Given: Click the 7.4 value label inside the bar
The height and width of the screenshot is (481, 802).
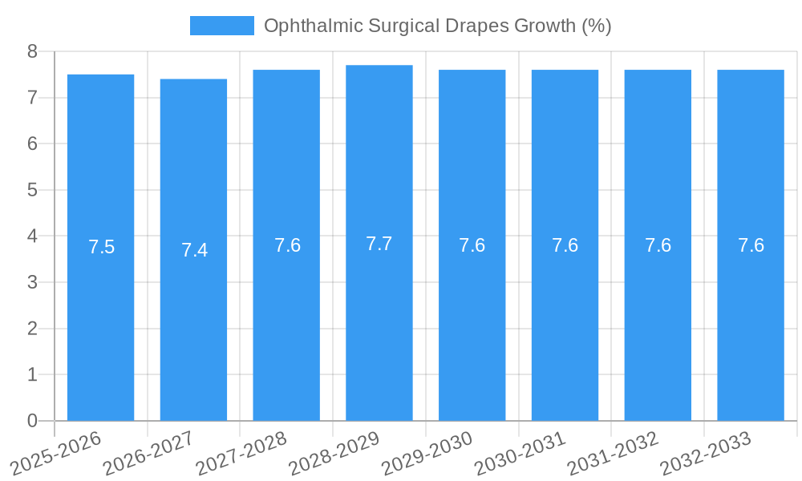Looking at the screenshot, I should coord(194,250).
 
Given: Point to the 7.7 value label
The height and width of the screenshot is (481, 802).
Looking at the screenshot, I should coord(379,244).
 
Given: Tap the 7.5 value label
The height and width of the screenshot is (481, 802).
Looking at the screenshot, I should coord(101,247).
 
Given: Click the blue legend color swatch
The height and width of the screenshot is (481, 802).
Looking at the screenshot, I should coord(221,26).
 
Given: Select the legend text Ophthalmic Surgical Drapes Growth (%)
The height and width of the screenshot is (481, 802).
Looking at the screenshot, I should coord(437,26).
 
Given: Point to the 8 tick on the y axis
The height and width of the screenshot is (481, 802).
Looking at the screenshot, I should coord(32,51).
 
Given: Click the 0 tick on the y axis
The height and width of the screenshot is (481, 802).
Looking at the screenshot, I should coord(32,421).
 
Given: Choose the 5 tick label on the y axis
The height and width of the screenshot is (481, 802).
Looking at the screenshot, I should coord(32,190).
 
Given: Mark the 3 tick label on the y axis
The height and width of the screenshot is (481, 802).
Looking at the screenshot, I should coord(32,282).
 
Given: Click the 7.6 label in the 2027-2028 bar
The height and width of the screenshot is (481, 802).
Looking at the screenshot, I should coord(287,245).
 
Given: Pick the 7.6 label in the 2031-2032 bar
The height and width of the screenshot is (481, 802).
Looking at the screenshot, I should coord(658,245).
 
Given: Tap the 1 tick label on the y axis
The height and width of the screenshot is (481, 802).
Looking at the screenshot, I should coord(32,374).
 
